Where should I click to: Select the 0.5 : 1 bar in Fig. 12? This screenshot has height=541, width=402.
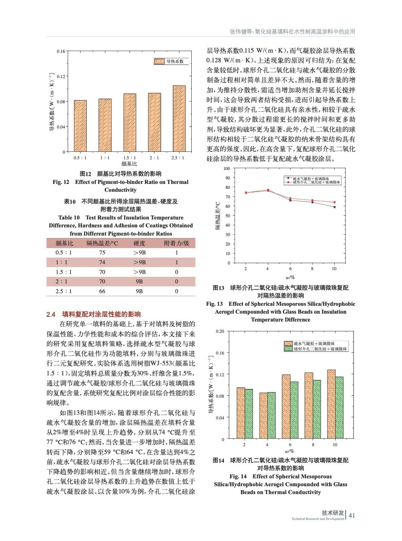point(80,126)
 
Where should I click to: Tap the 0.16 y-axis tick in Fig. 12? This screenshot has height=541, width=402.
point(61,51)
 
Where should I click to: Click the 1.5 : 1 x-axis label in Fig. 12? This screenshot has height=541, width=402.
point(129,158)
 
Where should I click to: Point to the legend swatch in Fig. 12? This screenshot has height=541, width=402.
point(159,61)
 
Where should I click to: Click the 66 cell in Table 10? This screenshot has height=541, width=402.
point(102,291)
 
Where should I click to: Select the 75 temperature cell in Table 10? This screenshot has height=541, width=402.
point(102,253)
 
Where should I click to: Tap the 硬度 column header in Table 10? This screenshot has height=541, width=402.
point(139,243)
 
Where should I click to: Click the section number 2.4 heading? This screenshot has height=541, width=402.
point(51,314)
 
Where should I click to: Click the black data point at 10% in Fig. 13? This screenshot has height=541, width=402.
point(335,207)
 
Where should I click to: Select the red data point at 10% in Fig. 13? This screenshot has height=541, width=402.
point(335,202)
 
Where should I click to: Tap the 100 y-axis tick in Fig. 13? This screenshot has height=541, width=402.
point(227,168)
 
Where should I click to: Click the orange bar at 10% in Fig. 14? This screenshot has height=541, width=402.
point(331,404)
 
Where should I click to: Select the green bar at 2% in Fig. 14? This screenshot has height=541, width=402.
point(249,414)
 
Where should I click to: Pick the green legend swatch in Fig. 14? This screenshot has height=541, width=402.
point(288,349)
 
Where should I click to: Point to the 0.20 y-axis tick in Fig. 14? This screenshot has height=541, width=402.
point(220,331)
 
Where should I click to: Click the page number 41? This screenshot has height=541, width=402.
point(352,515)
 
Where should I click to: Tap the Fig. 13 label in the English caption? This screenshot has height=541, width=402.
point(214,304)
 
